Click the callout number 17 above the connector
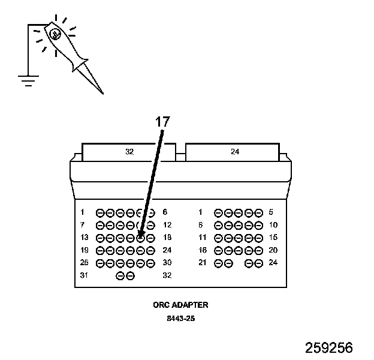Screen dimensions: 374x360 click(x=162, y=122)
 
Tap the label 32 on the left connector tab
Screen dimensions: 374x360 click(x=129, y=152)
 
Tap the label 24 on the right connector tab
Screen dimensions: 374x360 click(x=235, y=152)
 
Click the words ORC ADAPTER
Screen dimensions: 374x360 click(x=180, y=305)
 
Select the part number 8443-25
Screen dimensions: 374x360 click(x=180, y=318)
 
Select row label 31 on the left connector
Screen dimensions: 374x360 click(x=84, y=275)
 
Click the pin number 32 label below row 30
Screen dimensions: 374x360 click(x=167, y=275)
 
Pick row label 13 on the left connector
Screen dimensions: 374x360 click(x=84, y=238)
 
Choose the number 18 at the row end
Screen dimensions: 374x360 click(x=167, y=238)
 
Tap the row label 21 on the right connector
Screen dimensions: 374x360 click(x=202, y=263)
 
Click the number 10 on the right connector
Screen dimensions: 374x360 click(x=273, y=225)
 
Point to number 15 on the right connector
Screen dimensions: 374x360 click(x=273, y=238)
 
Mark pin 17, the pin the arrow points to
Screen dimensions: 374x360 click(x=140, y=238)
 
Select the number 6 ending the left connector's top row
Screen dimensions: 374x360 click(x=165, y=212)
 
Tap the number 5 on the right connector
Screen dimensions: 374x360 click(x=271, y=212)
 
